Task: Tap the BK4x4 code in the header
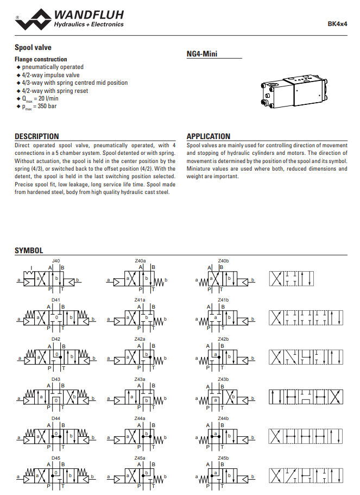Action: coord(337,24)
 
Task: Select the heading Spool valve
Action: coord(33,48)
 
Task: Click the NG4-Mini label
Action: coord(202,54)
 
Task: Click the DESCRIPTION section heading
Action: coord(37,136)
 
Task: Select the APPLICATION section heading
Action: coord(209,136)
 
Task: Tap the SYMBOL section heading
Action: coord(29,250)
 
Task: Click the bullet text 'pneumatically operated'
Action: coord(53,67)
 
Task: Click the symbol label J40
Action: coord(56,261)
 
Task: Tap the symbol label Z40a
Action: coord(140,261)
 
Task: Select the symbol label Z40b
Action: coord(223,261)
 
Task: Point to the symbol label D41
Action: coord(56,300)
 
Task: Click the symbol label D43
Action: coord(56,379)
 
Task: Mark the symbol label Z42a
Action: coord(140,339)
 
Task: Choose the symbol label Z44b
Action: coord(223,418)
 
